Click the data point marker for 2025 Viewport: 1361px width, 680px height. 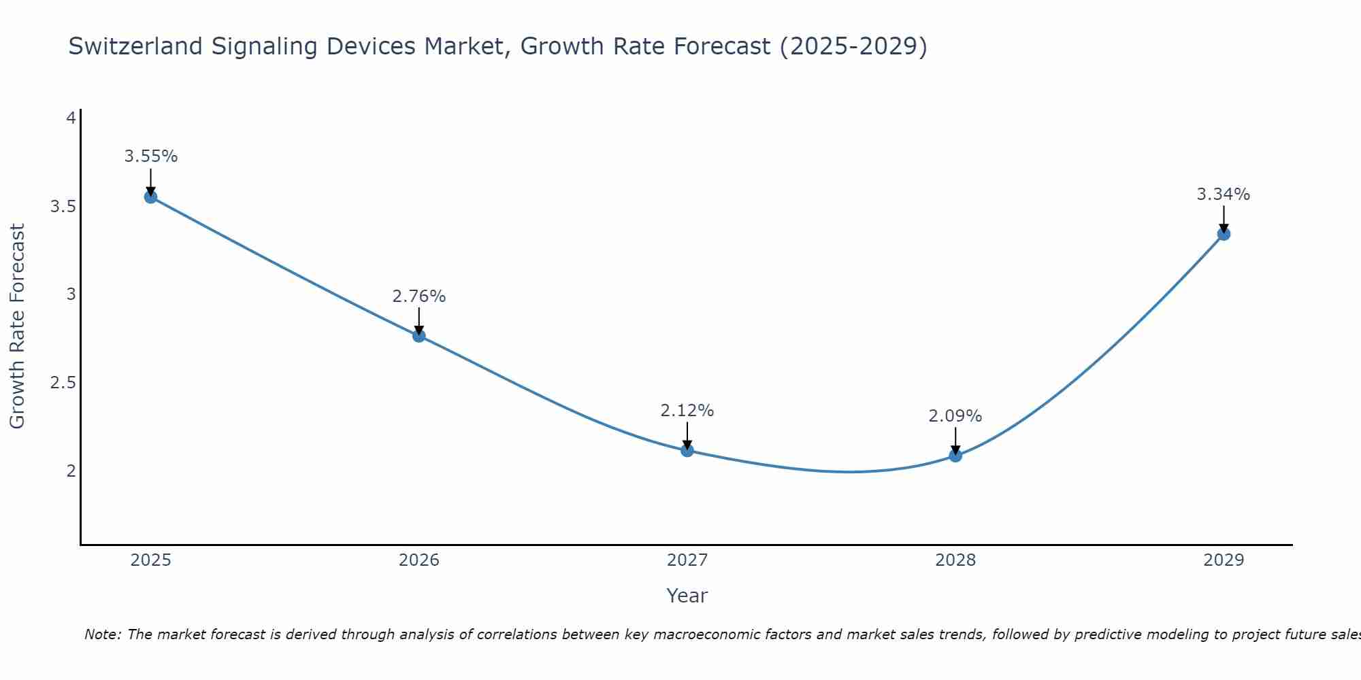(150, 197)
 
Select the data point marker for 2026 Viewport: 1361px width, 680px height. (419, 335)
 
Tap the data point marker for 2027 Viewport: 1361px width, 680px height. (687, 450)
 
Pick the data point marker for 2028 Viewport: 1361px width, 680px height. (955, 456)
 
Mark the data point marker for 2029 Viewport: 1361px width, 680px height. (1224, 234)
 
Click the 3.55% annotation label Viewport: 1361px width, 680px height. (150, 156)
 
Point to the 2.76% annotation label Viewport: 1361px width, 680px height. (419, 296)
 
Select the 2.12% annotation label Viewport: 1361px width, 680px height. (687, 411)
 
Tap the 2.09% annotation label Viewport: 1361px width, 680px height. (955, 416)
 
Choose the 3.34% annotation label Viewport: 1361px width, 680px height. (1224, 194)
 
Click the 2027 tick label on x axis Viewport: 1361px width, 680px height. (687, 560)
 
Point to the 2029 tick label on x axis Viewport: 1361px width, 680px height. (1224, 560)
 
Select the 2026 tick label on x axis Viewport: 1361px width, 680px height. (419, 560)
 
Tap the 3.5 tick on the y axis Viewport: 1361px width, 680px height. (63, 207)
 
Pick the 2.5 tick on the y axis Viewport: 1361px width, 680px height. (63, 383)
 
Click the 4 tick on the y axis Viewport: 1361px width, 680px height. (71, 118)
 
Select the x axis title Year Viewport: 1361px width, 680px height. (687, 596)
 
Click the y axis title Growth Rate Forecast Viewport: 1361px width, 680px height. (18, 326)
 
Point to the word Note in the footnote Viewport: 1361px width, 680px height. (102, 634)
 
